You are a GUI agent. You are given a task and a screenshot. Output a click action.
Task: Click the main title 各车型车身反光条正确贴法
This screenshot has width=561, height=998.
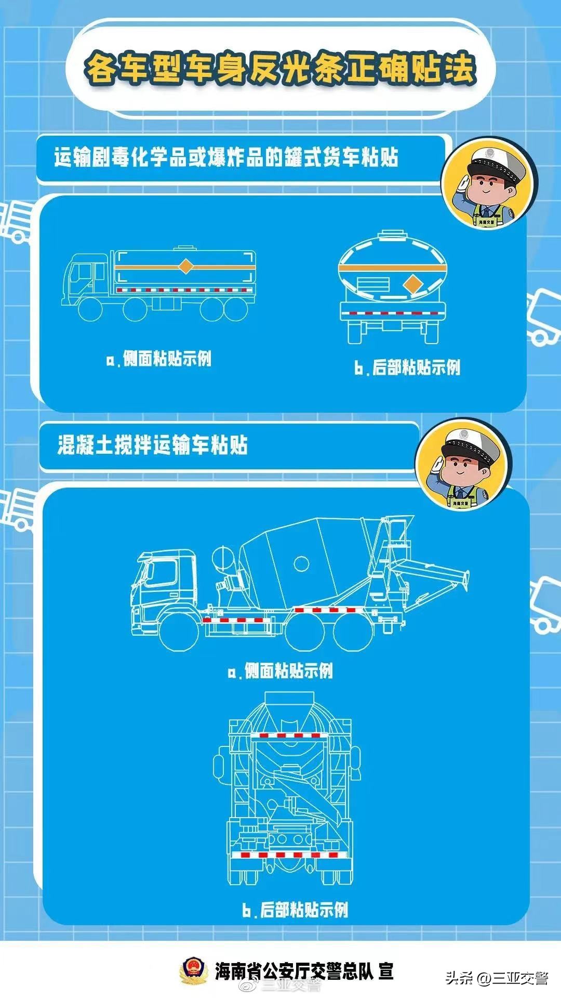pyautogui.click(x=280, y=68)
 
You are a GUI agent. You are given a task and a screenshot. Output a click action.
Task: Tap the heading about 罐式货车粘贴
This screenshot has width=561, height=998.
pyautogui.click(x=226, y=157)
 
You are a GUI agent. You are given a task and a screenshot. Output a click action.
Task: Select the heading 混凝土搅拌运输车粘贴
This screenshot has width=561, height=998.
pyautogui.click(x=152, y=445)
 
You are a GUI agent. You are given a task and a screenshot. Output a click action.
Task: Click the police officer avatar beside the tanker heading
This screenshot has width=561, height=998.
pyautogui.click(x=488, y=185)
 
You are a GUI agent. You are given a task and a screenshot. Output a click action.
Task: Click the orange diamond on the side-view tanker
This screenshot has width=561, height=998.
pyautogui.click(x=185, y=267)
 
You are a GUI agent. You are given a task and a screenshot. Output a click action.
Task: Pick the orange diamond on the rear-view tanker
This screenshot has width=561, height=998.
pyautogui.click(x=413, y=284)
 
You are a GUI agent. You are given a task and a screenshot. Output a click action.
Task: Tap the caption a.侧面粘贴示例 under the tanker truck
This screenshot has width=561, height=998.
pyautogui.click(x=159, y=359)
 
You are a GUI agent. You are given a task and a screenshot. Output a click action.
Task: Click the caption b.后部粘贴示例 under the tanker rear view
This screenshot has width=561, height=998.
pyautogui.click(x=407, y=367)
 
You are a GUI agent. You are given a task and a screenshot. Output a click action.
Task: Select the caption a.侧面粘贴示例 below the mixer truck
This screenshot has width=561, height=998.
pyautogui.click(x=280, y=671)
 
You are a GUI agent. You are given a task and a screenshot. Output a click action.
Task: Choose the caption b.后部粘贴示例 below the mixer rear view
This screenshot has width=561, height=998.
pyautogui.click(x=295, y=910)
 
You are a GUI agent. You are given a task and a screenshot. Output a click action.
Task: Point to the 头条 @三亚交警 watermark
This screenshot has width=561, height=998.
pyautogui.click(x=496, y=978)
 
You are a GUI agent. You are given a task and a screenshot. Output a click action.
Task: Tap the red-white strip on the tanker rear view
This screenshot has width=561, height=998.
pyautogui.click(x=393, y=313)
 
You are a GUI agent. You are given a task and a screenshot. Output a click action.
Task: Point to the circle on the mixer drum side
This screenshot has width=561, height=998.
pyautogui.click(x=301, y=563)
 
